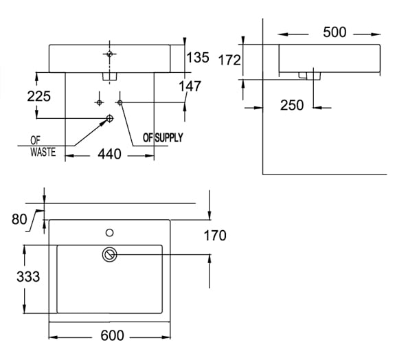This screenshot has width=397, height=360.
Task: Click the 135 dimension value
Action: [x=198, y=58]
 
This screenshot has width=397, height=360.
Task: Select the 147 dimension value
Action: [x=190, y=86]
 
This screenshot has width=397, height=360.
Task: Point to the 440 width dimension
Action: [x=109, y=154]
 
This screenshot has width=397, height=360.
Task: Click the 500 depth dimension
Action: [x=334, y=32]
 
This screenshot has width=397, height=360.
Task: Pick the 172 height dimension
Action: [x=229, y=60]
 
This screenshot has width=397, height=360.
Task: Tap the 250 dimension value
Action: [x=292, y=105]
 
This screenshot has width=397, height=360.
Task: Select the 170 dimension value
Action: [x=214, y=236]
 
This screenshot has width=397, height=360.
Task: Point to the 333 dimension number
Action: [x=28, y=277]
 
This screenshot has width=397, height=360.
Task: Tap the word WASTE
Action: [x=42, y=152]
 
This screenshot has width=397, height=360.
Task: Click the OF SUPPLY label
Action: [x=163, y=137]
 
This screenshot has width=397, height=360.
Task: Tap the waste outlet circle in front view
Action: [x=109, y=119]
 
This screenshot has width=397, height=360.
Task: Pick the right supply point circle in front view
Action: [x=121, y=102]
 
